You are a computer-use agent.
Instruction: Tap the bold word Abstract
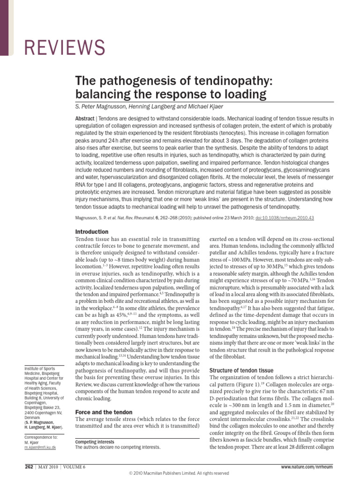pos(84,118)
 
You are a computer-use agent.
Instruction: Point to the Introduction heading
pos(92,232)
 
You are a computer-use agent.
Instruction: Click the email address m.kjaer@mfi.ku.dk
pos(40,448)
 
